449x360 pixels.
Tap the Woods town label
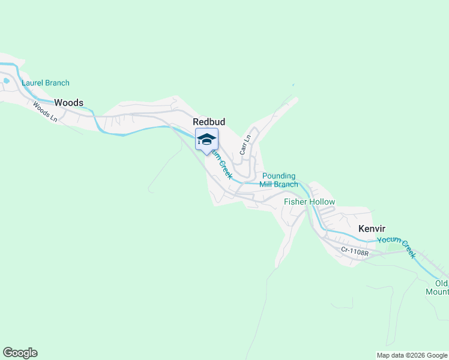tap(68, 103)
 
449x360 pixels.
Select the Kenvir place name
tap(372, 229)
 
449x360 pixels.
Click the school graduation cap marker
tap(206, 140)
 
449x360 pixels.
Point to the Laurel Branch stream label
tap(46, 83)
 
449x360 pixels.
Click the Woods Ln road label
tap(45, 112)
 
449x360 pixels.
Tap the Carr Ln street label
tap(244, 145)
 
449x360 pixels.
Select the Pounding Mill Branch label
tap(279, 180)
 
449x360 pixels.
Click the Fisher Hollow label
tap(309, 202)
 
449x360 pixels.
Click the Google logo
tap(20, 353)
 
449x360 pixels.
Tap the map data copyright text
tap(412, 355)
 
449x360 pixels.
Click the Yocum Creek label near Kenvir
tap(397, 247)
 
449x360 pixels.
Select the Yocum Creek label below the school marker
tap(221, 166)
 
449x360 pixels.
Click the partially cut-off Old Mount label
tap(441, 287)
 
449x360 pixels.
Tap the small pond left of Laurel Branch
tap(6, 80)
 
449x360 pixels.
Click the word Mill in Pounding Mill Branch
tap(268, 184)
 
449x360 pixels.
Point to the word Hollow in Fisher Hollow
tap(322, 202)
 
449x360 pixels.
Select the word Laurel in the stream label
tap(32, 83)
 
